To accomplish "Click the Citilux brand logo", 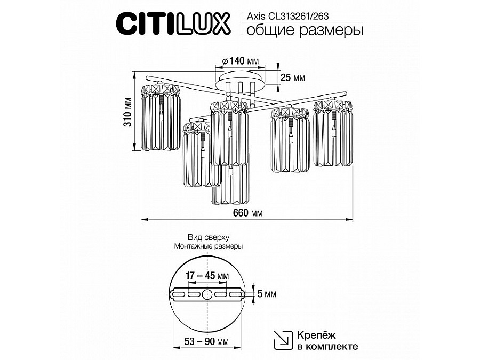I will pos(173,23).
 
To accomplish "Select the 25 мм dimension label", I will pos(292,78).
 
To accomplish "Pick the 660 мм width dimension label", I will pos(248,213).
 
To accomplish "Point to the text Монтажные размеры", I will pos(208,246).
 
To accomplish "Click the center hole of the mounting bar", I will pos(208,294).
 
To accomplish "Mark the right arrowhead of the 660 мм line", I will pos(352,219).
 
